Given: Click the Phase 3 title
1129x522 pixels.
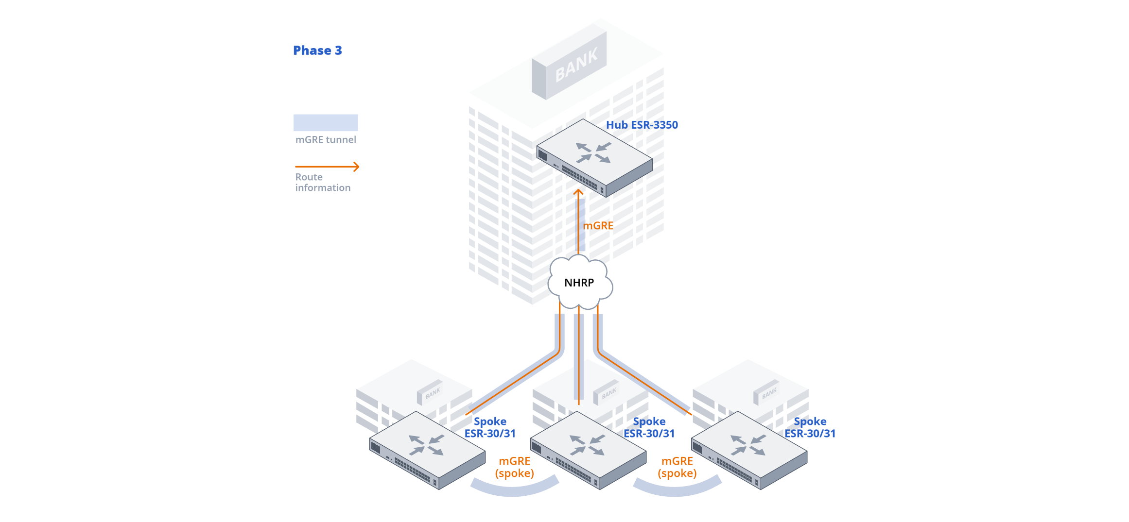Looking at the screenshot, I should [x=317, y=51].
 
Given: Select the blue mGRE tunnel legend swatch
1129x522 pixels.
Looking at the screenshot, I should [x=326, y=122].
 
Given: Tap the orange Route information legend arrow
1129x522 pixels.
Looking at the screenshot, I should [x=327, y=167].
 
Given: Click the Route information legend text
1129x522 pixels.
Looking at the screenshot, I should [x=323, y=183].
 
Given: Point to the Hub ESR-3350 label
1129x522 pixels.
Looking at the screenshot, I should [x=642, y=125].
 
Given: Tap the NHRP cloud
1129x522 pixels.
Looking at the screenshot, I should [x=579, y=283].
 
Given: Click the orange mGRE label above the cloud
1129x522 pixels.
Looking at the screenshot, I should [x=598, y=226].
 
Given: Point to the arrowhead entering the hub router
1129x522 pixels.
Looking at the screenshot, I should [x=578, y=193].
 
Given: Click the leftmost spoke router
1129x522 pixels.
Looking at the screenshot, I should [x=427, y=450].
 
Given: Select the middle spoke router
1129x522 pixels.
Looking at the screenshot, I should [x=588, y=450].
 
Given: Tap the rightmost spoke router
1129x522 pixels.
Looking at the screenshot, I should [x=749, y=450].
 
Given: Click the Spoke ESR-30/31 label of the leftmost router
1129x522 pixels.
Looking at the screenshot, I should [x=490, y=427].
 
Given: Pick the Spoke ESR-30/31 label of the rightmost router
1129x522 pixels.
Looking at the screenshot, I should [x=810, y=427].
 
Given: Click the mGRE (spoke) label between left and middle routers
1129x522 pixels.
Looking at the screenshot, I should [x=514, y=467].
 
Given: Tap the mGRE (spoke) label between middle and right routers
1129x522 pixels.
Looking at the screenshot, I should [x=677, y=467].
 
